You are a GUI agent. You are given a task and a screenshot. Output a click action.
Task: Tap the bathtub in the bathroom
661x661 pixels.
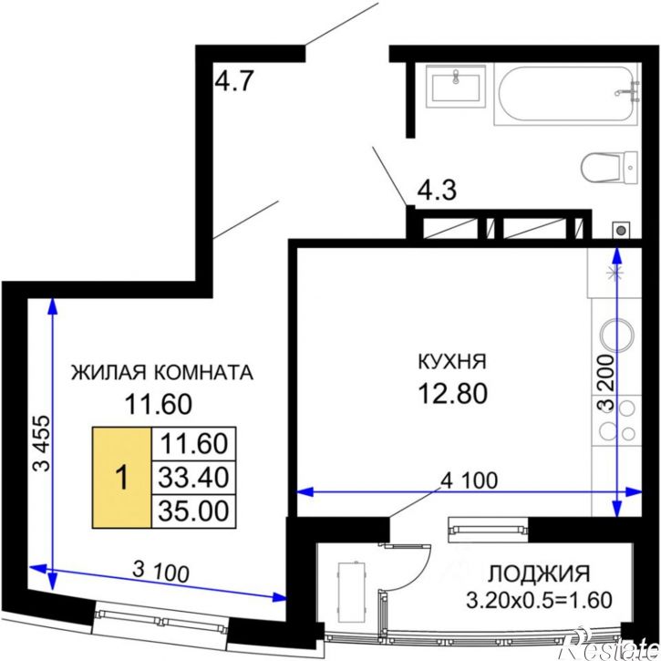tap(566, 96)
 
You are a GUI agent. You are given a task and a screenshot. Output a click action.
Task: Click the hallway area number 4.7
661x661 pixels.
tap(233, 83)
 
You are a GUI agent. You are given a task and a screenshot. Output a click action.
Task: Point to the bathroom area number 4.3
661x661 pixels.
tap(437, 192)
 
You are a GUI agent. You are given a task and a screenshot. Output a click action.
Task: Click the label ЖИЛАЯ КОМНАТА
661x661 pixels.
tap(161, 372)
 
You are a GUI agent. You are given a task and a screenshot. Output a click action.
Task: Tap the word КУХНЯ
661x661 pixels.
tap(452, 361)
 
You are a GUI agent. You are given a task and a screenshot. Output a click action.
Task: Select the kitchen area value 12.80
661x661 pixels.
tap(452, 393)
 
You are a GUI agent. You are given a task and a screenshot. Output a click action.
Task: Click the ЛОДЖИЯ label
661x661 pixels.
tap(539, 573)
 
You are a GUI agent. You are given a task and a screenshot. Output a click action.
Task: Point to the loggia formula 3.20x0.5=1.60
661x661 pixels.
tap(538, 601)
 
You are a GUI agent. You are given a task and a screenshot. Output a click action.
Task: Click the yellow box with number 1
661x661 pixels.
tap(119, 478)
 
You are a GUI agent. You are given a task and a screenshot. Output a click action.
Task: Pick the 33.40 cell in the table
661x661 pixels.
tap(192, 477)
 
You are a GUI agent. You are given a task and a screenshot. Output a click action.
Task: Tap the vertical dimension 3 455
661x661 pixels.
tap(41, 446)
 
